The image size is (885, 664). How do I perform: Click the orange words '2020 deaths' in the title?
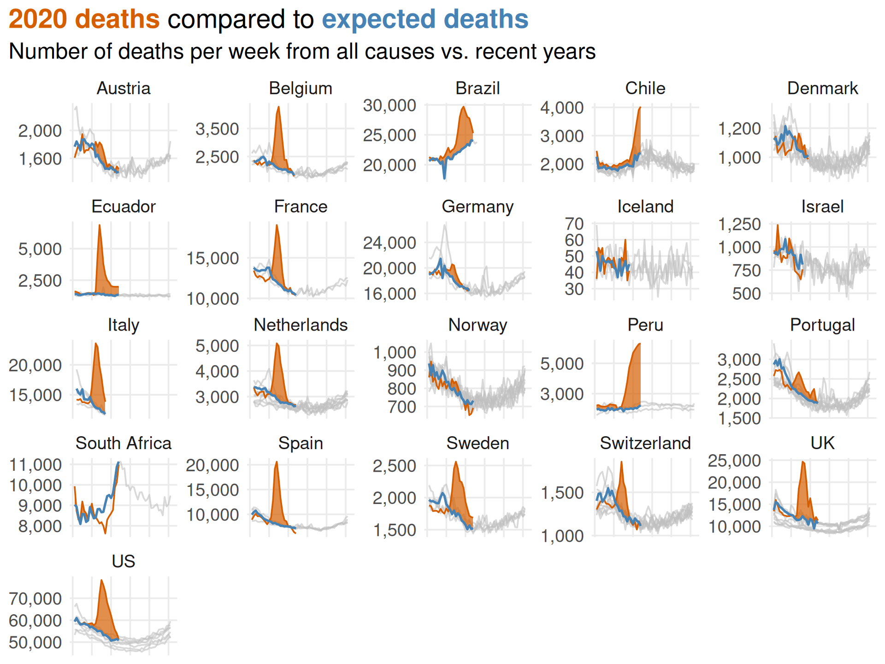(x=84, y=19)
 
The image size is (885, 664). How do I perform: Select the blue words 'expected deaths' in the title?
(x=425, y=19)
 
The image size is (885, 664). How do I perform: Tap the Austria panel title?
(x=124, y=88)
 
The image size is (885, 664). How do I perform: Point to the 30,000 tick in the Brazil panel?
(x=389, y=106)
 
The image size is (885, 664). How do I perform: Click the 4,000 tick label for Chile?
(x=562, y=108)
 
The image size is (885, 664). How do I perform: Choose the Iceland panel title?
(x=645, y=207)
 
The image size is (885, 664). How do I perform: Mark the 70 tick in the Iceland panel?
(x=574, y=224)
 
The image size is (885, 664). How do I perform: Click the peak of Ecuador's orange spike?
(x=99, y=225)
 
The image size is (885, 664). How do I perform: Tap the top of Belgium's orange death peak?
(x=278, y=107)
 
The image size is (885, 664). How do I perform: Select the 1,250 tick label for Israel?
(x=739, y=224)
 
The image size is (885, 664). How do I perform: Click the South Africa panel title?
(x=124, y=443)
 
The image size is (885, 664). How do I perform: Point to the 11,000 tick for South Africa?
(x=35, y=465)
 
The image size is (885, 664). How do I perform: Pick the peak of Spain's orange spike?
(x=277, y=462)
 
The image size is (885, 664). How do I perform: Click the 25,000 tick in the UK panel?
(x=734, y=461)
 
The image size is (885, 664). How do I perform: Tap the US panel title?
(x=124, y=561)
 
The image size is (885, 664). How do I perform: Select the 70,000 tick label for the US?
(x=35, y=599)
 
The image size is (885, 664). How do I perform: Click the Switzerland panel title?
(x=645, y=443)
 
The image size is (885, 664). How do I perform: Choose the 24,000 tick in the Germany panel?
(x=389, y=243)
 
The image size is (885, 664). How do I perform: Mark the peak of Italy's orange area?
(x=95, y=343)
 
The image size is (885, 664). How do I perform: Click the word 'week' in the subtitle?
(x=255, y=52)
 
